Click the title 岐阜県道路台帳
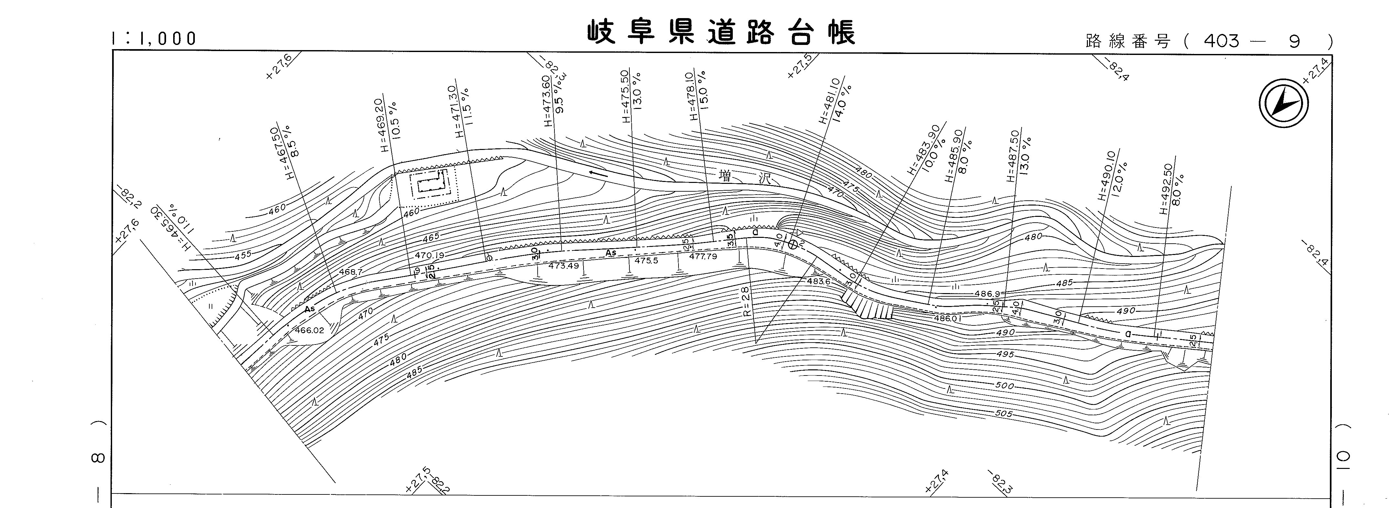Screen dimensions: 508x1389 [x=721, y=33]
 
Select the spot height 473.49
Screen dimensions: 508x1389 [x=563, y=266]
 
